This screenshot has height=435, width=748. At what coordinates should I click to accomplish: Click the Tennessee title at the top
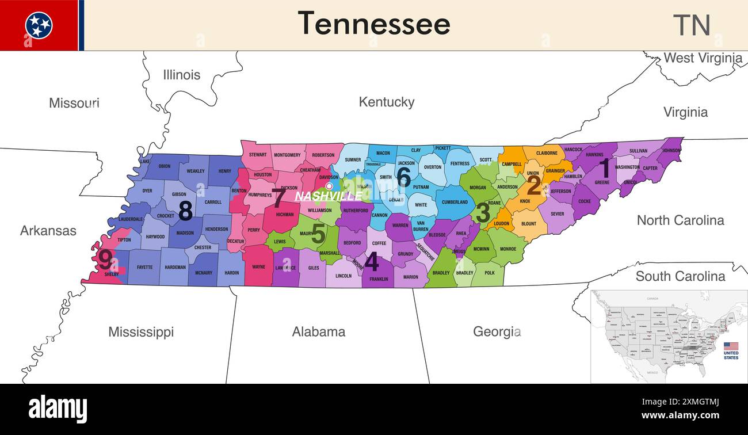click(374, 24)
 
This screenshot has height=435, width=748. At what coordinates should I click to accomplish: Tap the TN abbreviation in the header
click(692, 25)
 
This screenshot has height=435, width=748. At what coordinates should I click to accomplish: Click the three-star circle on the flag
click(39, 25)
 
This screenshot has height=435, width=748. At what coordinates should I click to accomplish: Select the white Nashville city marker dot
click(329, 186)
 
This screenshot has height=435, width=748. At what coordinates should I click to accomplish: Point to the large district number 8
click(185, 211)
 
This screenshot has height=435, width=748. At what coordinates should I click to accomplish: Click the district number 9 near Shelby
click(105, 260)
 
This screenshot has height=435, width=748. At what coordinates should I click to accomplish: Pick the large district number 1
click(604, 168)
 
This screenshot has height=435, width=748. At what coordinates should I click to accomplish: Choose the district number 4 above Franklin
click(372, 262)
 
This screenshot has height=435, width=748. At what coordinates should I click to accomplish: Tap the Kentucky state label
click(386, 102)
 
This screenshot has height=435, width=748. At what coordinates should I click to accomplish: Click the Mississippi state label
click(141, 332)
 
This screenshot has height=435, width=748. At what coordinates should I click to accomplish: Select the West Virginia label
click(703, 58)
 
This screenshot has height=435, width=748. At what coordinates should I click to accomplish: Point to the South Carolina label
click(680, 276)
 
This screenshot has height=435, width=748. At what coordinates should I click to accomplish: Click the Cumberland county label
click(455, 202)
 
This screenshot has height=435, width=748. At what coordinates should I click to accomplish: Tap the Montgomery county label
click(287, 155)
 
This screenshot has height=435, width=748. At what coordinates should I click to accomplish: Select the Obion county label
click(165, 166)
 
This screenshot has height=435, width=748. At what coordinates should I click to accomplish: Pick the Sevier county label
click(557, 214)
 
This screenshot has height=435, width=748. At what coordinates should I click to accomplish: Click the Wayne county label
click(259, 267)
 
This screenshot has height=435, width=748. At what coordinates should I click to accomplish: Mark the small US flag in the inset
click(731, 346)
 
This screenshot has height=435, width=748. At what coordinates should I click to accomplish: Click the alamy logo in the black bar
click(58, 409)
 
